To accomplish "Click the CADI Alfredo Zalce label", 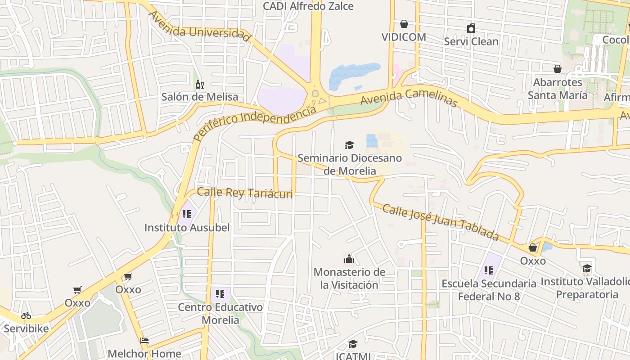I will [308, 6].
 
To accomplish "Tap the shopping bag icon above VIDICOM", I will [404, 23].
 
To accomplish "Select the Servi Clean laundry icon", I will [471, 28].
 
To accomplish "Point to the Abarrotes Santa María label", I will [557, 89].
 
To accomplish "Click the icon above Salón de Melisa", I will [200, 84].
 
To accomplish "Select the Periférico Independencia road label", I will [255, 123].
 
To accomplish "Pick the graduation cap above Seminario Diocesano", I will [349, 145].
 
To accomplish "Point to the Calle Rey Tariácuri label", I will [245, 193].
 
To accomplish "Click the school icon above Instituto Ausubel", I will [187, 214].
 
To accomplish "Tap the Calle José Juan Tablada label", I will [441, 222].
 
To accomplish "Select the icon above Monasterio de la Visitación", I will [349, 259].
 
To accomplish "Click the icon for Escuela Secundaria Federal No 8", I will [489, 270].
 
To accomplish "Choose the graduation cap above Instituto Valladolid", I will [587, 269].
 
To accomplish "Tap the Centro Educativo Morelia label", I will [220, 314].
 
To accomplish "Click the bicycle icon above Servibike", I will [26, 315].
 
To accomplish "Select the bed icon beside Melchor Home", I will [144, 341].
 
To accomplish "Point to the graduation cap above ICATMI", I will [353, 344].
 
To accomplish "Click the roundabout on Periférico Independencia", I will [315, 94].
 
